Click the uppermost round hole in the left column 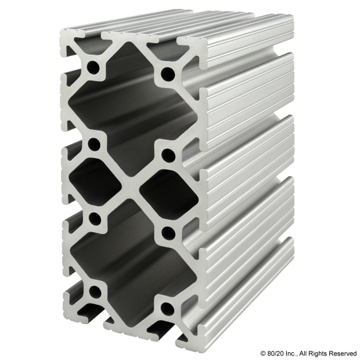(96, 67)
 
